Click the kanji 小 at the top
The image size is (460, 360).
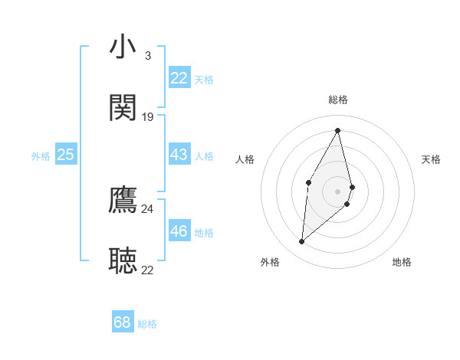pos(123,47)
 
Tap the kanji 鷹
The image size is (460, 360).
pos(123,200)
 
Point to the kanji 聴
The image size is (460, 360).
pos(123,260)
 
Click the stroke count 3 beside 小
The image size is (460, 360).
pos(148,56)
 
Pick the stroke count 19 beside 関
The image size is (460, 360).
pos(148,116)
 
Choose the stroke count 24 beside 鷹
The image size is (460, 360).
pos(148,208)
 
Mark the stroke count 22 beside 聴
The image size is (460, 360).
pos(148,270)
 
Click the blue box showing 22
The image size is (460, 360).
pos(179,78)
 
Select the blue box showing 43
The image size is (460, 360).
pos(179,155)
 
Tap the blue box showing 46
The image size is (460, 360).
pos(179,231)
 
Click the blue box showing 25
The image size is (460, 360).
pos(66,155)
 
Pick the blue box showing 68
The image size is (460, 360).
pos(123,322)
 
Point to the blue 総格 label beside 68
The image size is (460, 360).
pos(148,324)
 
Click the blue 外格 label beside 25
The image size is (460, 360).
pos(41,156)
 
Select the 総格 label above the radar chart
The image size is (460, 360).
pos(338,100)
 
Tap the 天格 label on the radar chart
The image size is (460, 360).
pos(431,159)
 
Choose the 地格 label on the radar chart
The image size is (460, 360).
pos(402,262)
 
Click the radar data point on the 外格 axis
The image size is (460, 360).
pos(302,242)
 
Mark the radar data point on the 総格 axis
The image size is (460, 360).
pos(338,130)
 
